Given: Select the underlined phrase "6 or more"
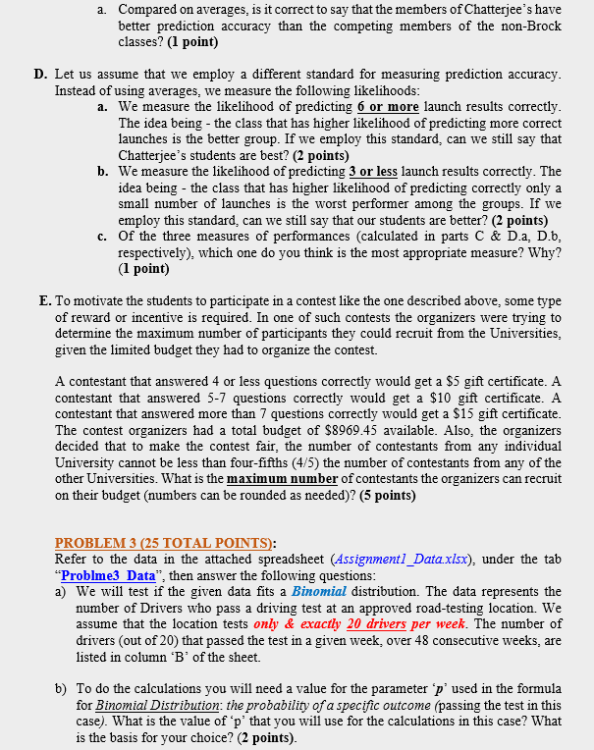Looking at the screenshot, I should coord(391,106).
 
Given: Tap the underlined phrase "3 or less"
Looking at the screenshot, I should coord(370,171).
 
